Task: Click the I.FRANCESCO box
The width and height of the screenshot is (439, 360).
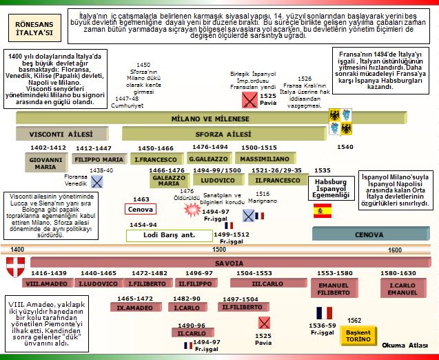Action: (156, 159)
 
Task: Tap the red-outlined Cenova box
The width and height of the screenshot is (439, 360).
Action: (141, 209)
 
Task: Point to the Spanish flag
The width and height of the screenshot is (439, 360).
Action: (323, 211)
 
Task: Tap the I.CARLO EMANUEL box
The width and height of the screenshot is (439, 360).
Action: (402, 286)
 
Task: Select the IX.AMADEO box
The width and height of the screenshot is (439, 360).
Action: (134, 308)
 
